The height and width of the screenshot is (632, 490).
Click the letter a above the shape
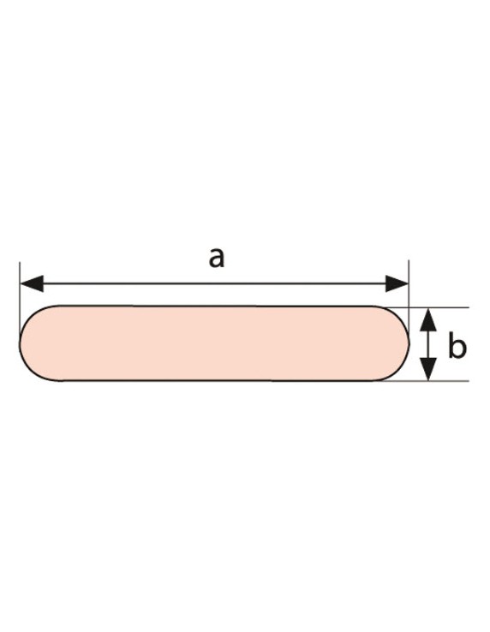tap(217, 258)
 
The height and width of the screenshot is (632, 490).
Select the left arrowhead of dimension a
tap(32, 283)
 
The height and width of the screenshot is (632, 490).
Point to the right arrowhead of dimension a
tap(397, 283)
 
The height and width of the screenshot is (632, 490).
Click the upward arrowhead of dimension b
tap(428, 319)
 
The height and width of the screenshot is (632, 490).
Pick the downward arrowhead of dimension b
tap(428, 369)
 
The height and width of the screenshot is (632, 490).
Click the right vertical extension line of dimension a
tap(409, 301)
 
